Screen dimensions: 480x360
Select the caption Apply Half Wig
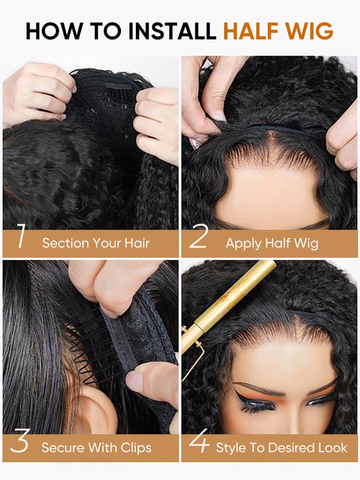[272, 243]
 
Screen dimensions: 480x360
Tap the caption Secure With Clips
[96, 448]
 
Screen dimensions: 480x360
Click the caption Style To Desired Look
[281, 448]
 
